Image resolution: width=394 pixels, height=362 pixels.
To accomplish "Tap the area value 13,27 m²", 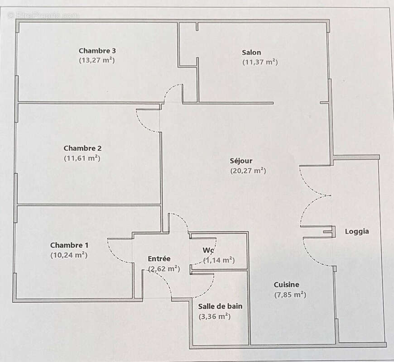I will click(x=97, y=60).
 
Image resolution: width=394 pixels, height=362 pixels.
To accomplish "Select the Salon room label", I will click(x=251, y=52).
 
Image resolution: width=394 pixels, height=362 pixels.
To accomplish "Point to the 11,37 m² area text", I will click(x=260, y=62).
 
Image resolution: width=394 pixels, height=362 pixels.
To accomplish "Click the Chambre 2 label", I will click(x=82, y=148).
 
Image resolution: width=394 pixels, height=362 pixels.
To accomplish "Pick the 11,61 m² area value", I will click(x=82, y=158).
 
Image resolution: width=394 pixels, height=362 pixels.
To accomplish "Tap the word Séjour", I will click(x=241, y=161).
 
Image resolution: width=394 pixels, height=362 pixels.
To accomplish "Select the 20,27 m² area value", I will click(x=248, y=171).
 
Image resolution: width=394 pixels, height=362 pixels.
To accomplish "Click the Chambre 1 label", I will click(x=69, y=245).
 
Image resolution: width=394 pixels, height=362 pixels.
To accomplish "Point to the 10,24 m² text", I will click(x=69, y=255).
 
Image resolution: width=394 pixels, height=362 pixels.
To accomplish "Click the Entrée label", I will click(x=159, y=259).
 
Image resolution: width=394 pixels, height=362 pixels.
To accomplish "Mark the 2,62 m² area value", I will click(x=164, y=269).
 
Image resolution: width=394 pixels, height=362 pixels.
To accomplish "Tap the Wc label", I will click(x=208, y=250).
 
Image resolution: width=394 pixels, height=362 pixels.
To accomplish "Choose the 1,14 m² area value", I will click(x=219, y=260).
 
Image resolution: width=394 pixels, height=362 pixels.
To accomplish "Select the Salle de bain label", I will click(x=220, y=306).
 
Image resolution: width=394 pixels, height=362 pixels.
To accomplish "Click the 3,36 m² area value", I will click(x=215, y=316).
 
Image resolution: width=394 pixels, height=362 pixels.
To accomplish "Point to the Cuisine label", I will click(x=286, y=285).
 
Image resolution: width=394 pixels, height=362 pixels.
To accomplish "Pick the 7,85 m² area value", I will click(x=290, y=295).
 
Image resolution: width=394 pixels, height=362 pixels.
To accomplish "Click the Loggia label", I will click(x=357, y=231).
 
